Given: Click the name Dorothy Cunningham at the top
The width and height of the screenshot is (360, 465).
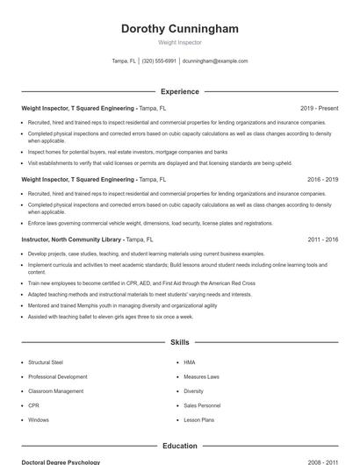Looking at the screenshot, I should pyautogui.click(x=179, y=29).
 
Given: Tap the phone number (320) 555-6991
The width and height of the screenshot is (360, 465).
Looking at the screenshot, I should pyautogui.click(x=159, y=61).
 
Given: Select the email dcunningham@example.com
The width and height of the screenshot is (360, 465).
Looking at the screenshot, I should pyautogui.click(x=215, y=61).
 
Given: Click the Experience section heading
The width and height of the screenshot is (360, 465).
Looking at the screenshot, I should pyautogui.click(x=179, y=91).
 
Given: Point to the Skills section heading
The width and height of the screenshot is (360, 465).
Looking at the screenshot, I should pyautogui.click(x=179, y=341).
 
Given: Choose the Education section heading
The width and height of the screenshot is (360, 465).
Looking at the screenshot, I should pyautogui.click(x=179, y=446).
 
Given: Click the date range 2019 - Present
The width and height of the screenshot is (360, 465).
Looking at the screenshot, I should pyautogui.click(x=319, y=108).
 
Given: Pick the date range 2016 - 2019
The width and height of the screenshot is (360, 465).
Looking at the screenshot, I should pyautogui.click(x=322, y=179).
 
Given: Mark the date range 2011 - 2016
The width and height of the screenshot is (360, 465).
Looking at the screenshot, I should pyautogui.click(x=322, y=239).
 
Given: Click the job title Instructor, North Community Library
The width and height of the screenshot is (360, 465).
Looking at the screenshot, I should pyautogui.click(x=72, y=239).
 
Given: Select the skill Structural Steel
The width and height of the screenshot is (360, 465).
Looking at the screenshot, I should pyautogui.click(x=46, y=362).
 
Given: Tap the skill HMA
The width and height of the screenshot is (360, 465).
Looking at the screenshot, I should pyautogui.click(x=189, y=362).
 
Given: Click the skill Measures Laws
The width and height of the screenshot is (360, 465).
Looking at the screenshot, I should pyautogui.click(x=201, y=377).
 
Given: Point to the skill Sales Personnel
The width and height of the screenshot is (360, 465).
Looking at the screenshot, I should pyautogui.click(x=203, y=406).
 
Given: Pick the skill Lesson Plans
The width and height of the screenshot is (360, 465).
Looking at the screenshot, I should pyautogui.click(x=198, y=420).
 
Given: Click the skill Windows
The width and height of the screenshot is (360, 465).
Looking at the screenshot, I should pyautogui.click(x=39, y=420).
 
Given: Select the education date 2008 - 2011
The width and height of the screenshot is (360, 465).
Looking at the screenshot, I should pyautogui.click(x=322, y=461).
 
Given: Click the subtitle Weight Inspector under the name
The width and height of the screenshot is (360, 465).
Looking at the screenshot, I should pyautogui.click(x=179, y=42).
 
